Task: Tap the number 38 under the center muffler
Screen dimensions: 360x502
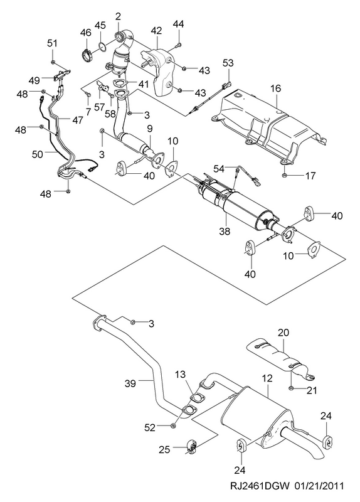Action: [225, 231]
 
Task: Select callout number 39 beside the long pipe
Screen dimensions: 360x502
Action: [130, 383]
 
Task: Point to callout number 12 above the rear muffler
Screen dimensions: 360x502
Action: [267, 378]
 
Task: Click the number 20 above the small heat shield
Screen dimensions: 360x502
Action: [283, 333]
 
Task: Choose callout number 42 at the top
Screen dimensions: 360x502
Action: [156, 31]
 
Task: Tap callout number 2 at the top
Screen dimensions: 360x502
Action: [118, 16]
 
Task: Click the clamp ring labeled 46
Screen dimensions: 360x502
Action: [86, 55]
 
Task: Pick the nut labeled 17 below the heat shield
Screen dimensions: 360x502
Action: [284, 175]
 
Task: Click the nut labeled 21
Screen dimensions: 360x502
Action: [291, 388]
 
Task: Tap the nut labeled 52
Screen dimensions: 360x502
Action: [172, 425]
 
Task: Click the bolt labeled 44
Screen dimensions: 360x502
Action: [179, 45]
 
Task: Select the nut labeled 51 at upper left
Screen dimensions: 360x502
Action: [53, 61]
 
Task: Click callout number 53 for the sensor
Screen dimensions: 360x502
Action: [228, 63]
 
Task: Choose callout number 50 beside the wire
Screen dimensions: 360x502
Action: [38, 154]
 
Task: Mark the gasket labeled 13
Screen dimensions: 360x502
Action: [198, 398]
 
